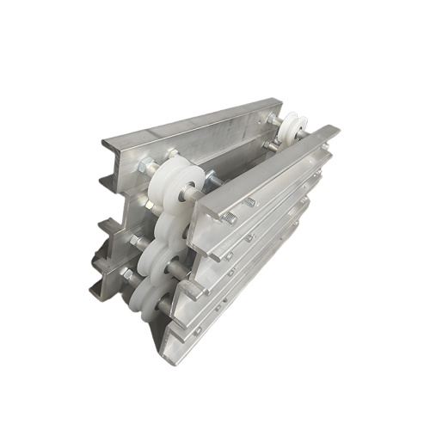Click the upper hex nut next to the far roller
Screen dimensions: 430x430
(x=272, y=121)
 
